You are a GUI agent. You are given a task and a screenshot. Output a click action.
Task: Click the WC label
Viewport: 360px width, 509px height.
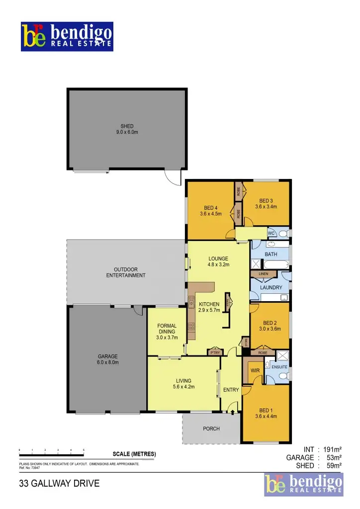pyautogui.click(x=271, y=233)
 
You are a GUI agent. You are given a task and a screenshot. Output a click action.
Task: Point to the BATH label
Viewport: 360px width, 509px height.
pyautogui.click(x=271, y=254)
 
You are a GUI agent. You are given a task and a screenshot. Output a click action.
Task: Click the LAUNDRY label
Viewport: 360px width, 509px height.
pyautogui.click(x=271, y=287)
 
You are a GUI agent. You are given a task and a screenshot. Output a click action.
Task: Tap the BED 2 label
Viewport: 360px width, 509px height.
pyautogui.click(x=270, y=322)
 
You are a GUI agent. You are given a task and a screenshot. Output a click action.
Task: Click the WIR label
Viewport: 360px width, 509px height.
pyautogui.click(x=255, y=370)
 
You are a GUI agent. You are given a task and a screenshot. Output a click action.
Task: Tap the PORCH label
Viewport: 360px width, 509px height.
pyautogui.click(x=211, y=428)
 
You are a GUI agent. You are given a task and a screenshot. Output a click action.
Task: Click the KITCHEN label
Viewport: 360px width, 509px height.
pyautogui.click(x=209, y=304)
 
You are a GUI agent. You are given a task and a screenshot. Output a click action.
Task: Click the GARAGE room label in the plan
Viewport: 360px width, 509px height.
pyautogui.click(x=107, y=356)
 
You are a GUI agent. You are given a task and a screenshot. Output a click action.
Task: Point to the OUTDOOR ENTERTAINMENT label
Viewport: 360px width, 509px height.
pyautogui.click(x=126, y=272)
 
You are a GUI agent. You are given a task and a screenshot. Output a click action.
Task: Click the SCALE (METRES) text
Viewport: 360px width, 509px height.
pyautogui.click(x=134, y=454)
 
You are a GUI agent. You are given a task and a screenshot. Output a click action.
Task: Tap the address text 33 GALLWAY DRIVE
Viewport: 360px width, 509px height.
pyautogui.click(x=59, y=483)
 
